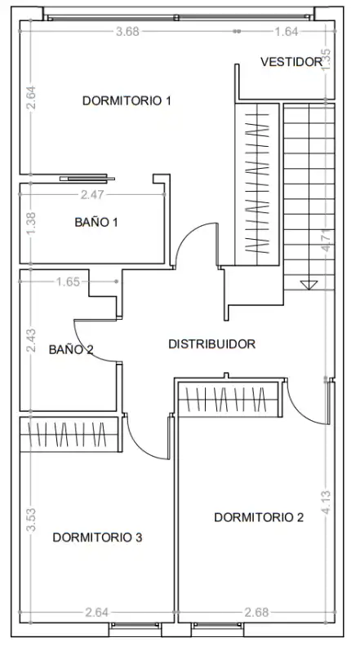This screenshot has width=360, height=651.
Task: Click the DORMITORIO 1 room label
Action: pos(127,100)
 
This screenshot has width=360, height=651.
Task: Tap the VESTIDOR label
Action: pos(291,62)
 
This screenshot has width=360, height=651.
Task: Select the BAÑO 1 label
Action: pos(96,222)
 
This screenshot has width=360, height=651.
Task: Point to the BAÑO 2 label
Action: pos(71,350)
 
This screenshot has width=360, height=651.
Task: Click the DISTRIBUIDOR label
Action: pos(211,343)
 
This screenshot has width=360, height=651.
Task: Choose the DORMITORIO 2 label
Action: pos(259,517)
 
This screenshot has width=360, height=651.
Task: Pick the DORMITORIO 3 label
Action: pos(97,538)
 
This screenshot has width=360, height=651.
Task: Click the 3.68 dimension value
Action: pos(127,32)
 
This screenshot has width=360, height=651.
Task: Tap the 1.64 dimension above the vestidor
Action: pos(287,32)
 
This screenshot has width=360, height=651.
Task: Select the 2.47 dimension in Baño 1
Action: pos(92,195)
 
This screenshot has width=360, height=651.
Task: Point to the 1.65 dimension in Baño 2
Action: pos(68,282)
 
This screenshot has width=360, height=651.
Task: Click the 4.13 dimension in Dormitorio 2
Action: pos(327,503)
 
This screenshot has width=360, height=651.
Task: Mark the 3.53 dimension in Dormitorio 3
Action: pos(31,519)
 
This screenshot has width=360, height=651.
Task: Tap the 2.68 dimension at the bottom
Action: pos(256,613)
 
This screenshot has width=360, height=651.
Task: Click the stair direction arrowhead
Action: pos(309,285)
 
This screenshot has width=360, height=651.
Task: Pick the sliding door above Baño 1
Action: pos(87,179)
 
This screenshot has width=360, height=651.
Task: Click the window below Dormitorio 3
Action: pos(136,625)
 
